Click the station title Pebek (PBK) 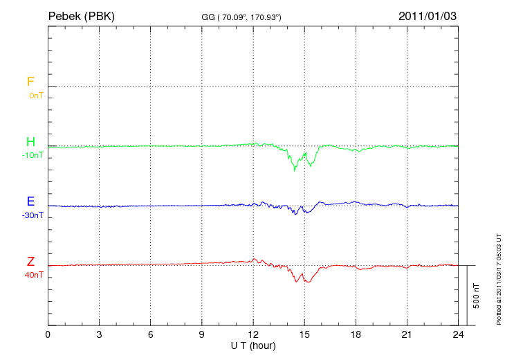pyautogui.click(x=81, y=16)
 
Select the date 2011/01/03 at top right pyautogui.click(x=428, y=16)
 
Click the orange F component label pyautogui.click(x=30, y=82)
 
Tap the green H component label pyautogui.click(x=30, y=142)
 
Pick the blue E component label pyautogui.click(x=30, y=201)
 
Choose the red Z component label pyautogui.click(x=30, y=262)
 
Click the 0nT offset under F pyautogui.click(x=35, y=95)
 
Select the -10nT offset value pyautogui.click(x=33, y=155)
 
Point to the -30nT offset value pyautogui.click(x=33, y=215)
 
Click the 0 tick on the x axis pyautogui.click(x=48, y=335)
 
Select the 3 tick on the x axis pyautogui.click(x=99, y=335)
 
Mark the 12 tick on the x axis pyautogui.click(x=253, y=335)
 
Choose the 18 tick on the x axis pyautogui.click(x=356, y=335)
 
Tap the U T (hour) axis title pyautogui.click(x=252, y=345)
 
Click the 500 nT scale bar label pyautogui.click(x=476, y=296)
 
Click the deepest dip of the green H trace pyautogui.click(x=295, y=170)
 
